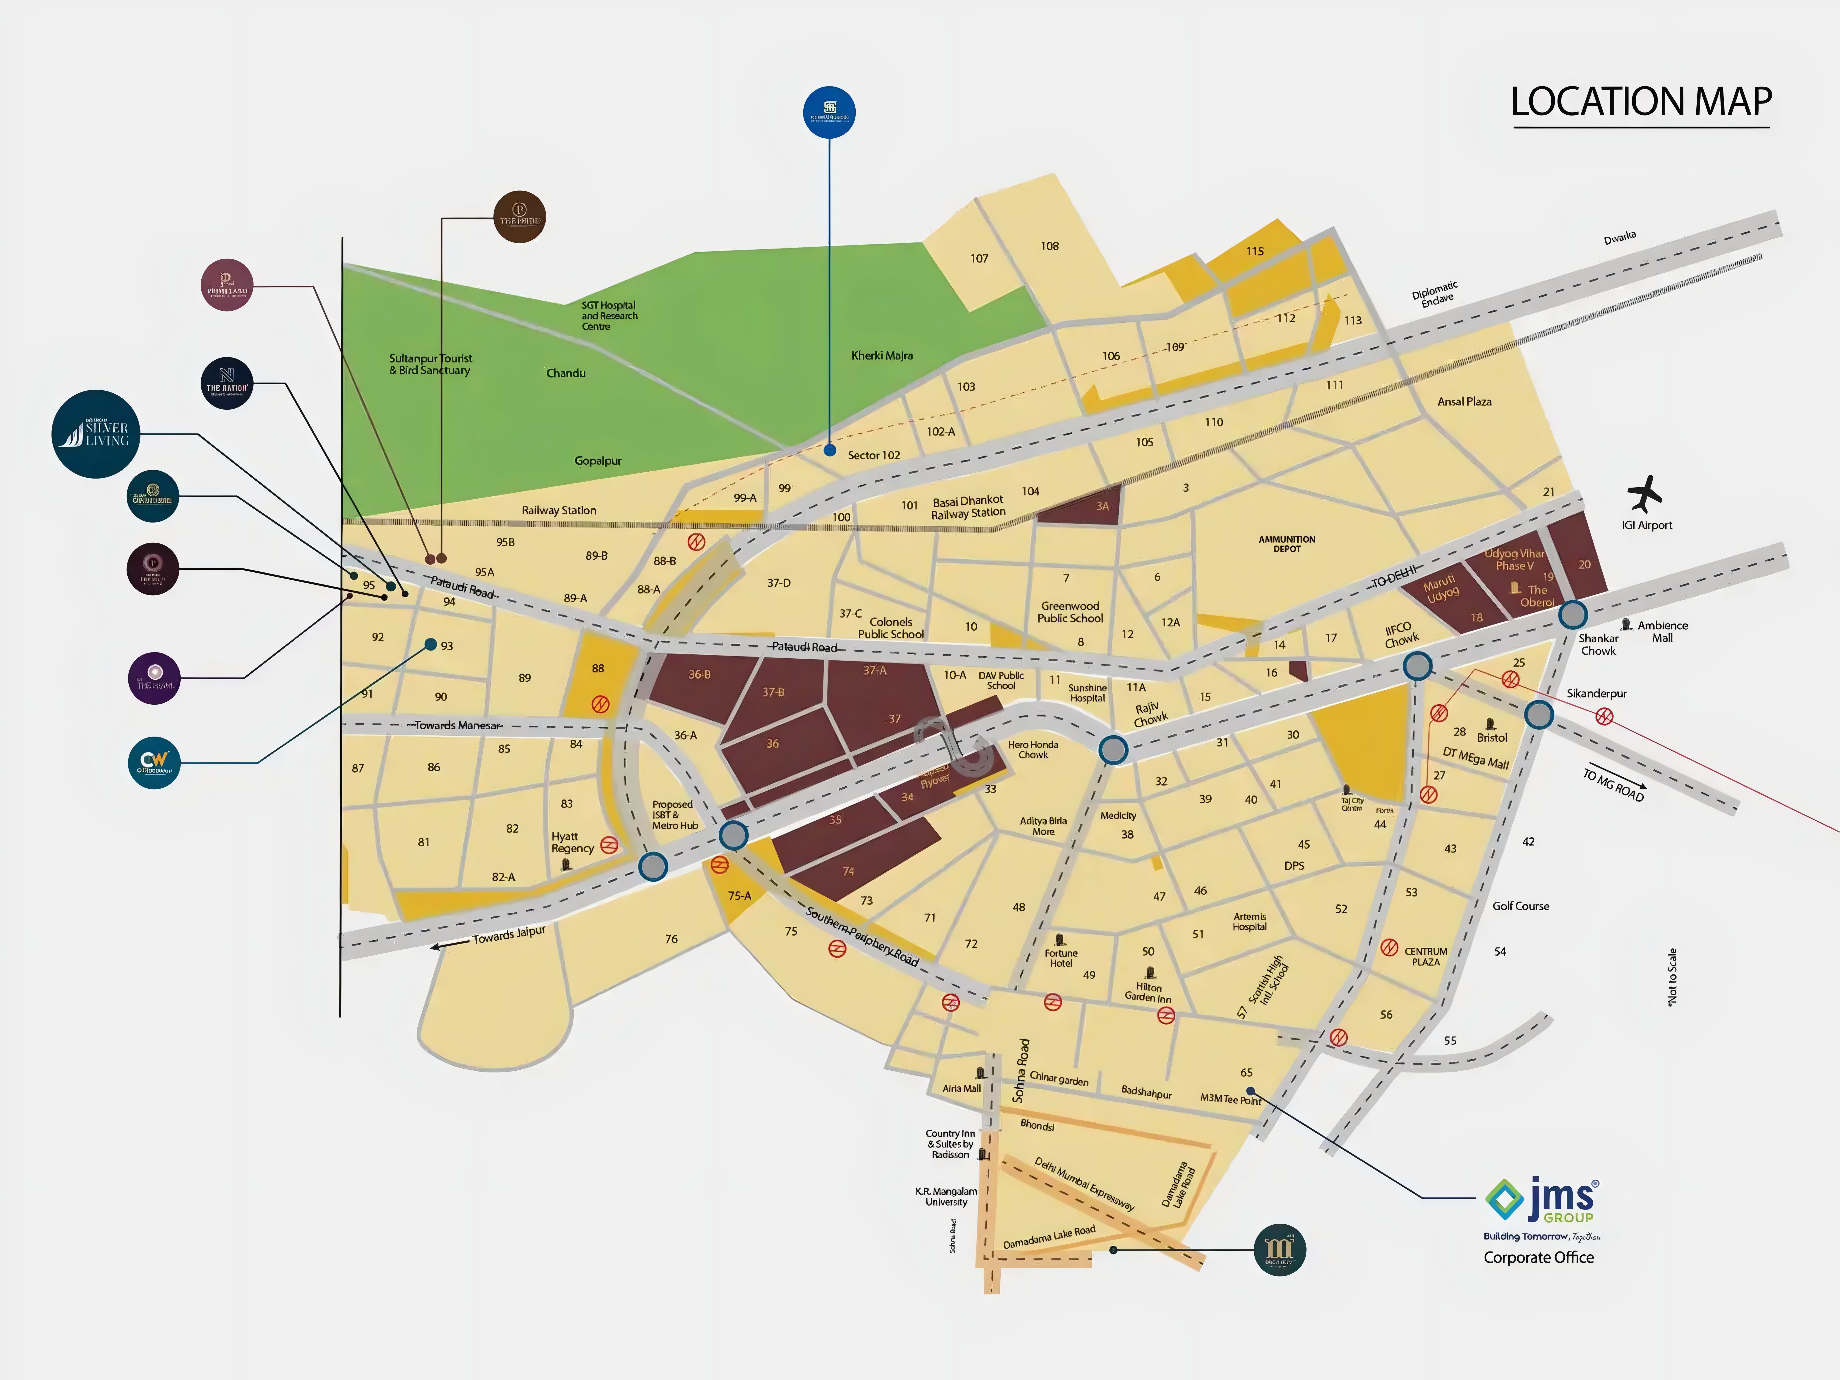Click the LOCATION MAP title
pyautogui.click(x=1640, y=102)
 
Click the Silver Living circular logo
pyautogui.click(x=96, y=434)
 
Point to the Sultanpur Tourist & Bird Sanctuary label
pyautogui.click(x=430, y=364)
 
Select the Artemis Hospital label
pyautogui.click(x=1249, y=922)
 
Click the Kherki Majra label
pyautogui.click(x=882, y=355)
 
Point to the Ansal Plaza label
pyautogui.click(x=1464, y=402)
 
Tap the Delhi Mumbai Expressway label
pyautogui.click(x=1084, y=1183)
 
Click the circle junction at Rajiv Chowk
pyautogui.click(x=1113, y=750)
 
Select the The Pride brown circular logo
pyautogui.click(x=520, y=217)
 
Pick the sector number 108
pyautogui.click(x=1050, y=246)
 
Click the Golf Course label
pyautogui.click(x=1520, y=906)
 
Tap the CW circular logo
pyautogui.click(x=154, y=762)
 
